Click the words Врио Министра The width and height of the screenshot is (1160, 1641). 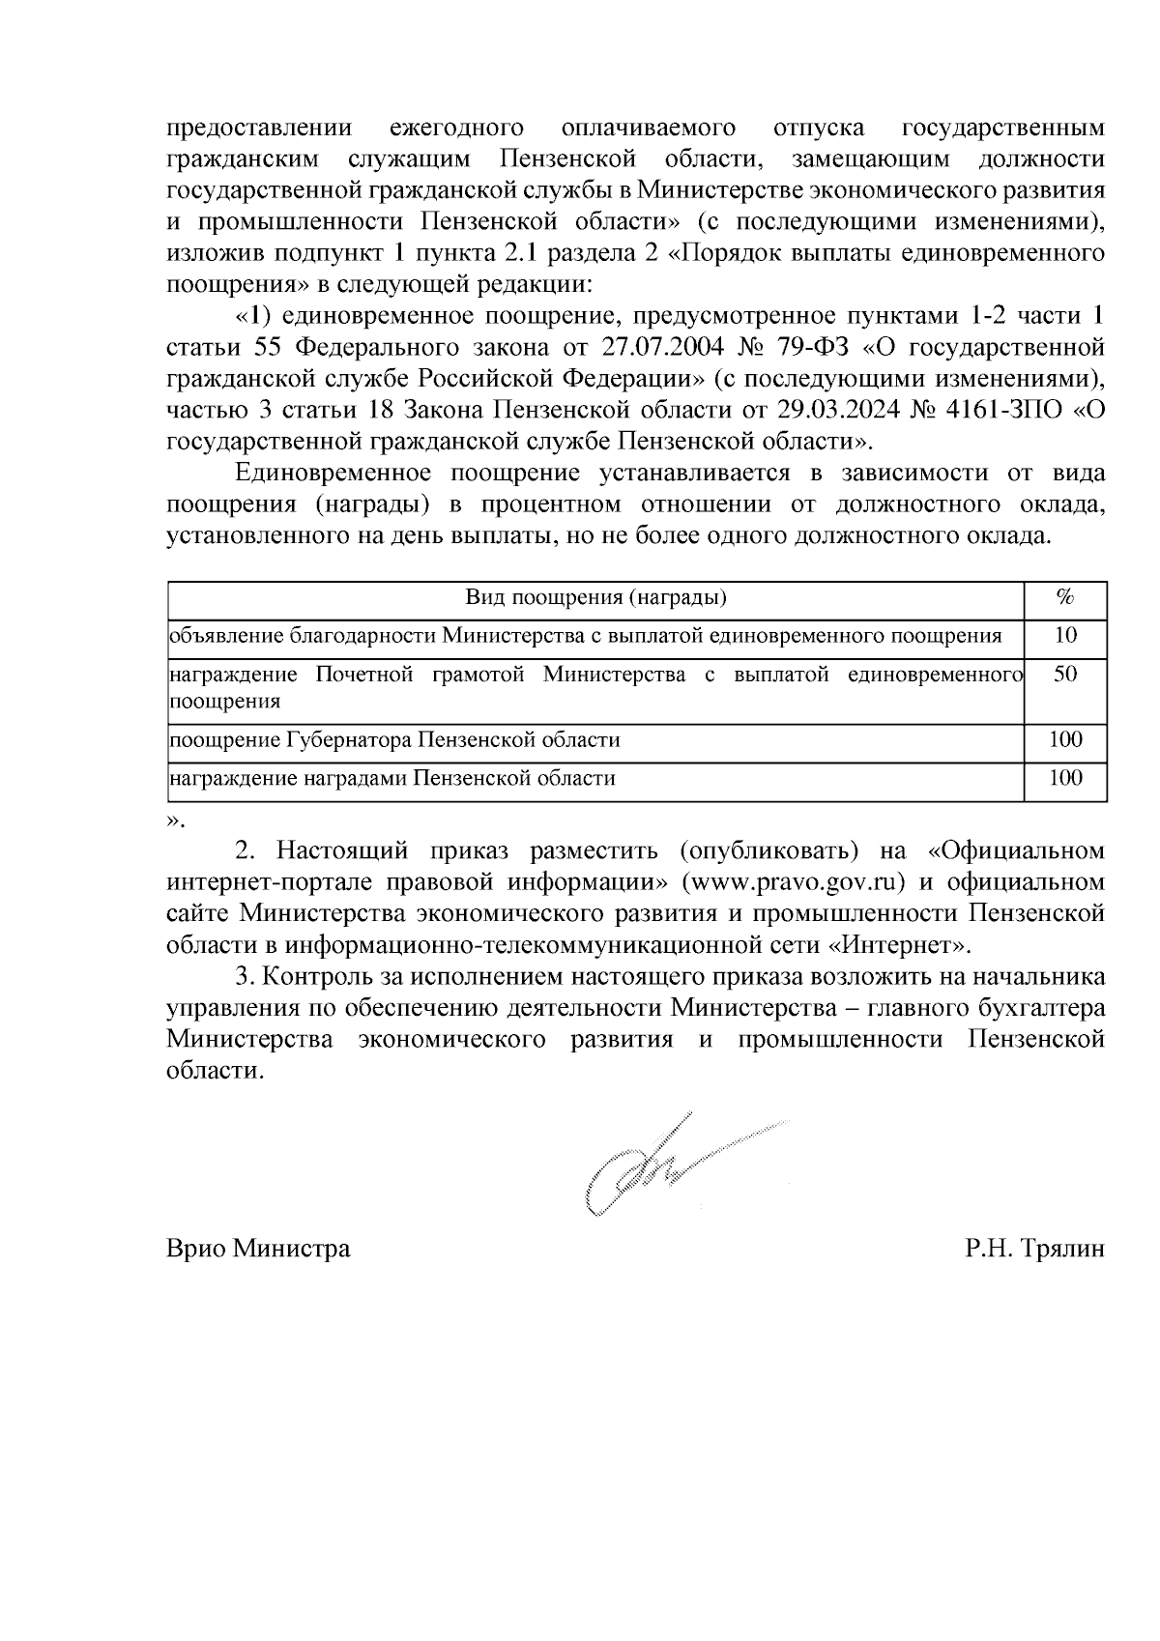258,1249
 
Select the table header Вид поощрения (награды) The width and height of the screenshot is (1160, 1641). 595,598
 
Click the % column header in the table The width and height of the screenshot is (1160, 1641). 1065,598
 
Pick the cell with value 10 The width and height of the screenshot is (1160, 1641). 1065,635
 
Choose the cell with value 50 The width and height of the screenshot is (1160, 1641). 1065,675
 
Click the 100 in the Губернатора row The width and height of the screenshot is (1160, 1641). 1065,740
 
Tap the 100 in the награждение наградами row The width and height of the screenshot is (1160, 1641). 1065,778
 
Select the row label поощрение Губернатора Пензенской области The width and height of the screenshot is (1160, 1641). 394,740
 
